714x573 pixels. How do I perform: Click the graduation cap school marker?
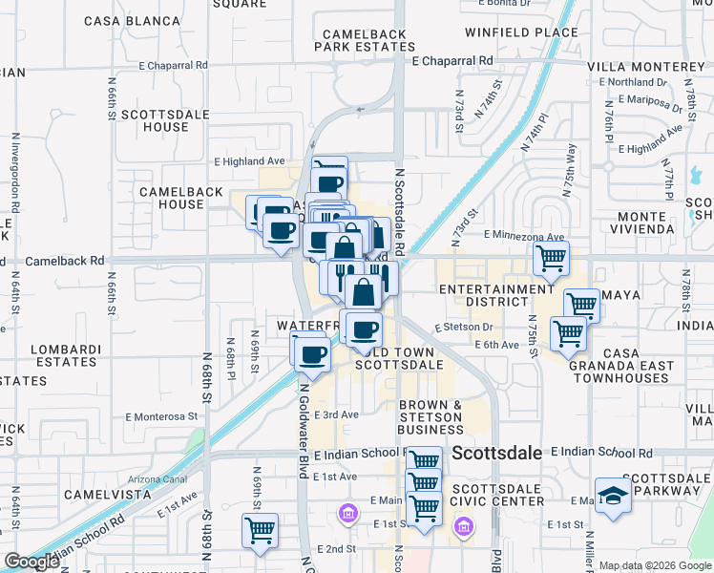coord(612,495)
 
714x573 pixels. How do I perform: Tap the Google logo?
coord(31,562)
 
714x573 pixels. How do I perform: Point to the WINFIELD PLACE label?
coord(522,32)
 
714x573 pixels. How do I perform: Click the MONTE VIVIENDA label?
coord(660,223)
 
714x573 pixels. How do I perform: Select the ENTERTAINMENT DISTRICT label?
coord(496,295)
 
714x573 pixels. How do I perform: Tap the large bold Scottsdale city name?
coord(496,453)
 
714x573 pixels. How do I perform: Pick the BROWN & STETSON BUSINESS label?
coord(430,417)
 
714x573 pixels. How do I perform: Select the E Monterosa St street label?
coord(161,416)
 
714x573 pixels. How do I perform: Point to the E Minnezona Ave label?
coord(524,235)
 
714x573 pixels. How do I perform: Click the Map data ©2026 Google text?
coord(654,565)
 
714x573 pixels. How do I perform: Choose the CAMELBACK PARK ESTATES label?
coord(365,40)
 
